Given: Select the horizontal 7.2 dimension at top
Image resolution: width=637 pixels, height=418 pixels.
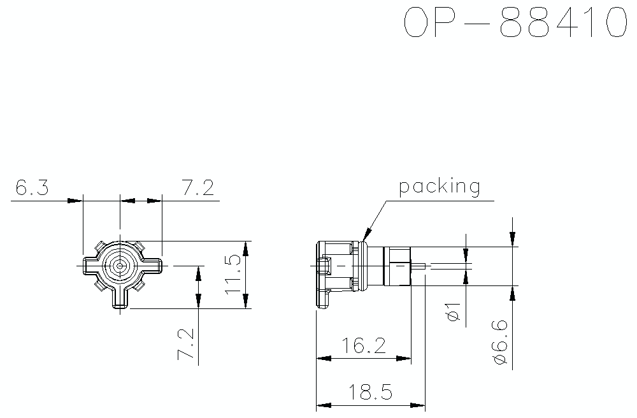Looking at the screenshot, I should [x=197, y=188].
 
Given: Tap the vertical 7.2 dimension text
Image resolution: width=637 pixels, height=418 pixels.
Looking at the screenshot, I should [x=185, y=344].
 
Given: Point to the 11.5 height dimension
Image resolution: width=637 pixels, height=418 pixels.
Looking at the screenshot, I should [x=233, y=274].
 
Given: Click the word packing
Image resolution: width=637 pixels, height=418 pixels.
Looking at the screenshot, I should [x=439, y=187].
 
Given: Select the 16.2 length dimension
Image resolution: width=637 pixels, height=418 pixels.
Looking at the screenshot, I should [x=363, y=346].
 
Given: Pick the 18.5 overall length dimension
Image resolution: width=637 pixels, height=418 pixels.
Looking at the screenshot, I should [x=369, y=392].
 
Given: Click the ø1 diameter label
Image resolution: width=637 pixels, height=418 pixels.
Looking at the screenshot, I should [x=454, y=312].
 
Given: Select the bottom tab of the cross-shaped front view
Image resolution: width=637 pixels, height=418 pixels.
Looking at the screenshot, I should [x=120, y=299].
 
